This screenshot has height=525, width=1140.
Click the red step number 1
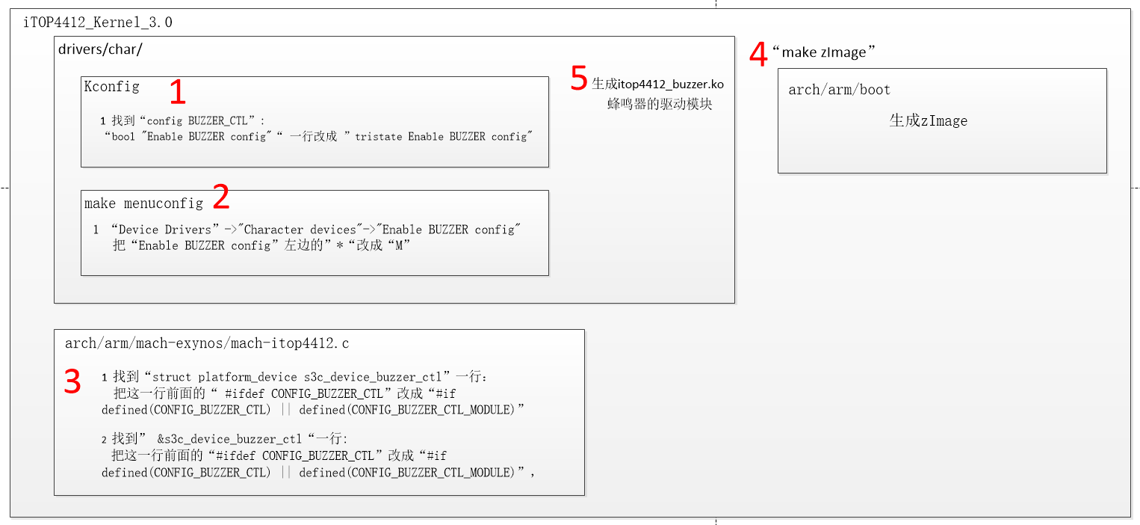[177, 92]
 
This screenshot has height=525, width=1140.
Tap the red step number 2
[220, 197]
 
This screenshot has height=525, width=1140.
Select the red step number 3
[72, 382]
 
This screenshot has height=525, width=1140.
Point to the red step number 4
[758, 55]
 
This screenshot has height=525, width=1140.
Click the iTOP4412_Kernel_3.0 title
[97, 22]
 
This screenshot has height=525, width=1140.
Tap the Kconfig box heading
[111, 86]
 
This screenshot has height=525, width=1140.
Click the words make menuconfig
[143, 203]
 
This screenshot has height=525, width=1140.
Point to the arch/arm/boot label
[839, 90]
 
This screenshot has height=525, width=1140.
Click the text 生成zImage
[928, 120]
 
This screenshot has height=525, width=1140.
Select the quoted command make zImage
[823, 52]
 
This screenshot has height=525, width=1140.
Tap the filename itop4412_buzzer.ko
[671, 85]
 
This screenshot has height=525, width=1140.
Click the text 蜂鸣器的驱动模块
[660, 105]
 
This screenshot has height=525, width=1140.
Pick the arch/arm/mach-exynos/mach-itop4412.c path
[207, 344]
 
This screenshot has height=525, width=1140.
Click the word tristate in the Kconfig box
[379, 137]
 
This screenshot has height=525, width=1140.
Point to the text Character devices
[300, 230]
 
